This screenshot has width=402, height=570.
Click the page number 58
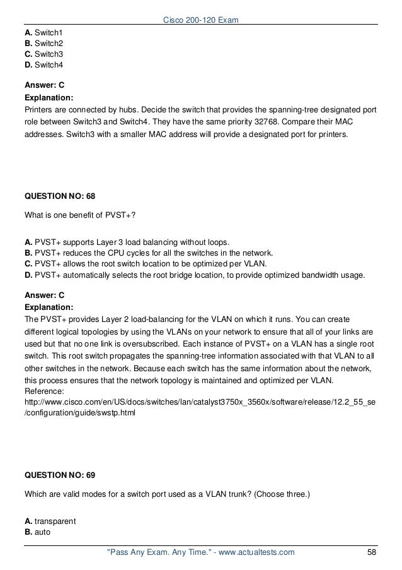pos(372,553)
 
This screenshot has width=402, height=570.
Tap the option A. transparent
pos(50,521)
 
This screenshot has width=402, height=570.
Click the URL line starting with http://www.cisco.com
pos(200,402)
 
